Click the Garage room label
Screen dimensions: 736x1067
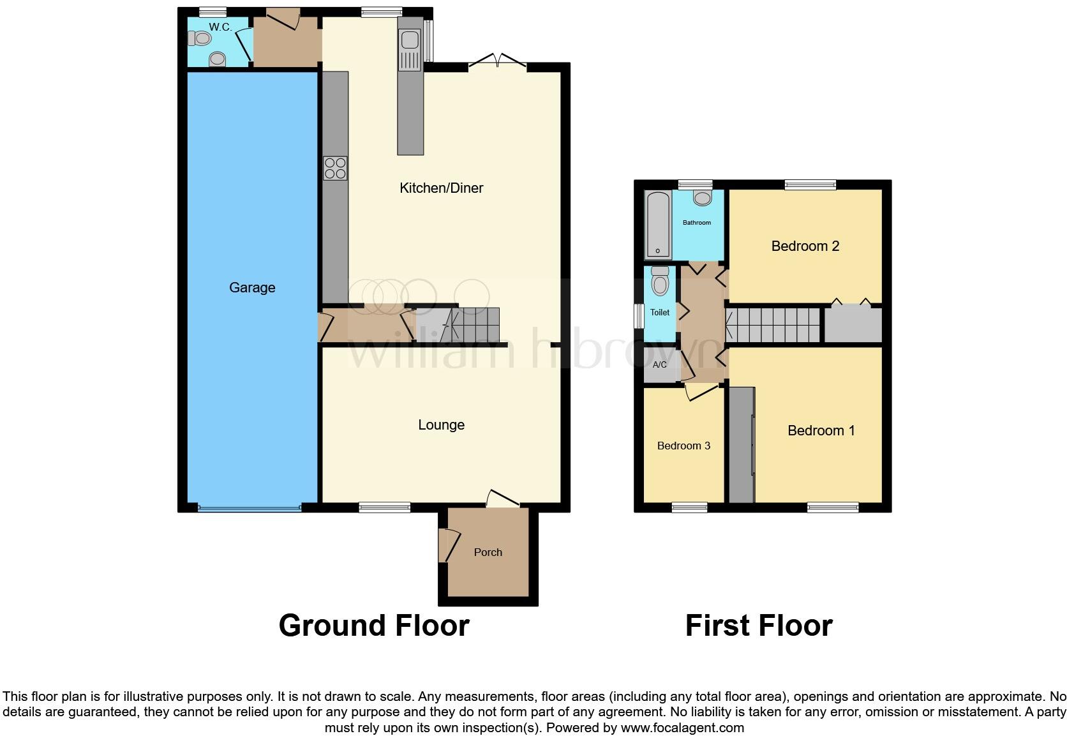point(252,288)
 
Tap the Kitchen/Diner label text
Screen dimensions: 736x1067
point(441,188)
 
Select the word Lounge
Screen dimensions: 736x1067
point(441,425)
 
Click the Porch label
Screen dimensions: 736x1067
point(488,553)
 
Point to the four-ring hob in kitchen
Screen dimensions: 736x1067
point(335,168)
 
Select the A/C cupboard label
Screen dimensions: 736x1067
point(659,365)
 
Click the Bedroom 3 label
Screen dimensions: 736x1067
point(683,446)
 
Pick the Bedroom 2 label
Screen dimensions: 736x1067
point(805,246)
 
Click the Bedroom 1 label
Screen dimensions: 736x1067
point(821,431)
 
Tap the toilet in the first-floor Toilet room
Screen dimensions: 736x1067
point(660,281)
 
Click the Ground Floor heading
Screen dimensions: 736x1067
point(374,626)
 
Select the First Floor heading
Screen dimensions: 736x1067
point(759,626)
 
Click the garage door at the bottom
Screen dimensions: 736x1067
point(249,509)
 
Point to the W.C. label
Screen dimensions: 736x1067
point(220,27)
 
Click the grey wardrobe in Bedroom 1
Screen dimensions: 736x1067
point(740,444)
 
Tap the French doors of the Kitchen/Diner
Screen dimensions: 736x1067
point(497,62)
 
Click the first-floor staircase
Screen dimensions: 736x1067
point(773,326)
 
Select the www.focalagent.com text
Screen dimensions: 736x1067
point(682,728)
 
